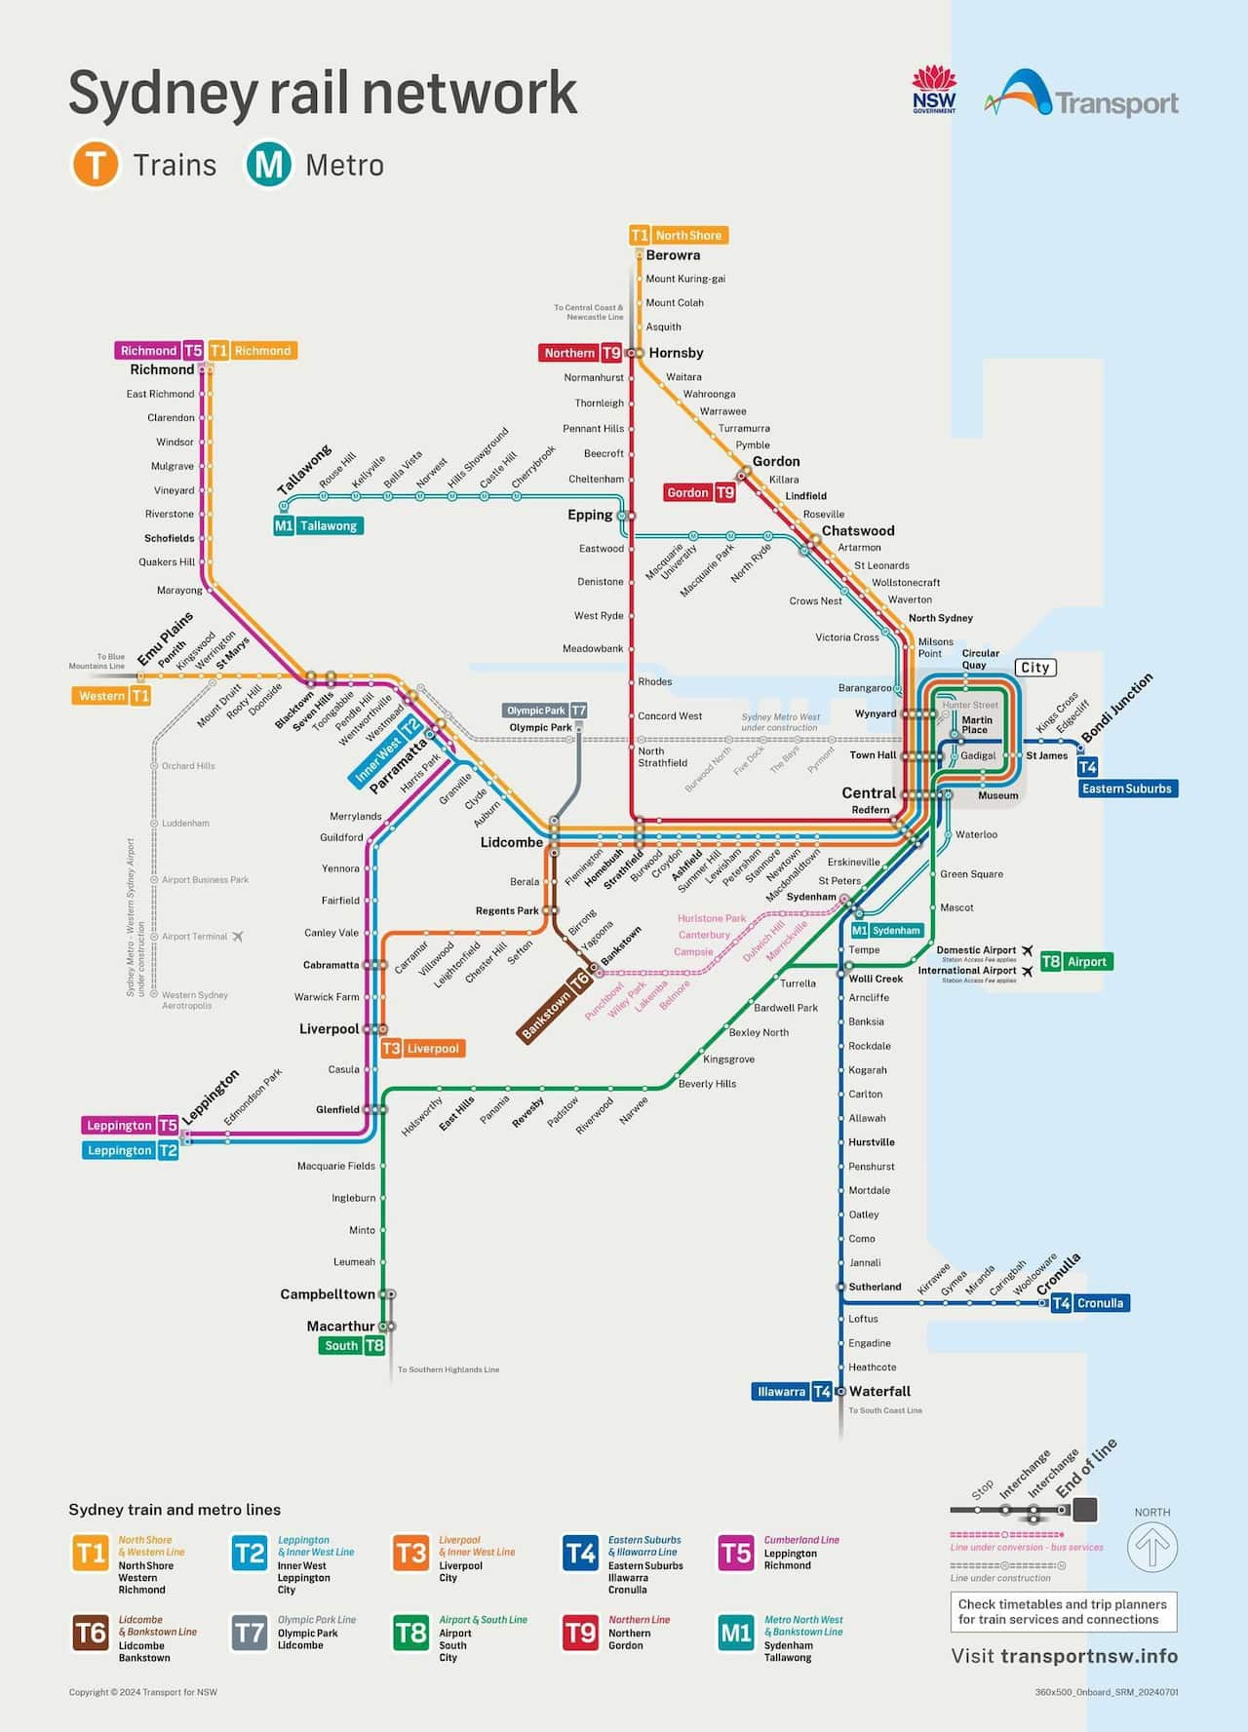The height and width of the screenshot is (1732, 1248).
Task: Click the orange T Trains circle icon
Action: click(95, 164)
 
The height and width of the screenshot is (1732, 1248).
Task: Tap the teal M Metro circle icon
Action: click(268, 164)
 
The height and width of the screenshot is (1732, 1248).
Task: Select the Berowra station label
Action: click(673, 255)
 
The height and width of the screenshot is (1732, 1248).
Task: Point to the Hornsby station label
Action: click(676, 353)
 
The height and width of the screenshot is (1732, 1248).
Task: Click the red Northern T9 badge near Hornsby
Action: click(581, 353)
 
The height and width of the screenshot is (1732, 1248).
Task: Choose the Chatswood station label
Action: click(857, 531)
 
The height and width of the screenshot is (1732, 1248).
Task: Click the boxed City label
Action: click(1034, 668)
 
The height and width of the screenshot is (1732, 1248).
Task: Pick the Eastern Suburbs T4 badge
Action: click(1127, 788)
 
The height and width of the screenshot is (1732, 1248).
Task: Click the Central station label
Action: click(868, 793)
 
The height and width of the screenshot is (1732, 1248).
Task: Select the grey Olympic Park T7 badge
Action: click(545, 711)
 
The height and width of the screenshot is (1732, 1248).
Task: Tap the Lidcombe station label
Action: click(511, 842)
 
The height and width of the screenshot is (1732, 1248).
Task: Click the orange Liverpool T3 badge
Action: click(422, 1049)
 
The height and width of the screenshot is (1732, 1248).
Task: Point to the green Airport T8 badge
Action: click(1076, 962)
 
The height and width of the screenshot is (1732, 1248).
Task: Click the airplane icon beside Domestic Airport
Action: click(1027, 950)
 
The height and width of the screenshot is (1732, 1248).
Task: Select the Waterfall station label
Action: click(879, 1392)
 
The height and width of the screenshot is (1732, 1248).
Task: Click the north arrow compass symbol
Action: click(1152, 1547)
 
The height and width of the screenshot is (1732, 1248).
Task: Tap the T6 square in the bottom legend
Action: click(91, 1634)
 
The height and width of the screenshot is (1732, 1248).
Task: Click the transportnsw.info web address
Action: click(1088, 1656)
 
